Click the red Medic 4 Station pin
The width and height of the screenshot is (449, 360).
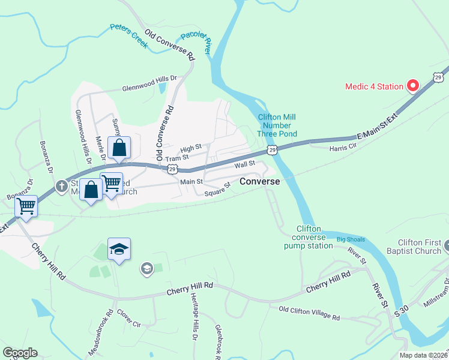pos(412,86)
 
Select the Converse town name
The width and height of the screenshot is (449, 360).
pos(259,181)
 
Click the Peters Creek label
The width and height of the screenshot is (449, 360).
pos(129,36)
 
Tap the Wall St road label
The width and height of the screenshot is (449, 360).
pos(245,163)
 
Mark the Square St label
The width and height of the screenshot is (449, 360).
pos(217,190)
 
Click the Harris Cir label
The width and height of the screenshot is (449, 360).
pos(343,148)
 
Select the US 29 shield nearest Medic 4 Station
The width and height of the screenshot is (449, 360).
pos(439,76)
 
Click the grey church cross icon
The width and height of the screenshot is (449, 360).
pos(61,187)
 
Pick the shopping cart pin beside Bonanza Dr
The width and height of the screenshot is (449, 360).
pos(26,206)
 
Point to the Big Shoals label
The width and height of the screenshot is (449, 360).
pos(351,239)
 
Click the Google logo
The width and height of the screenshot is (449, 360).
pos(20,353)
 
